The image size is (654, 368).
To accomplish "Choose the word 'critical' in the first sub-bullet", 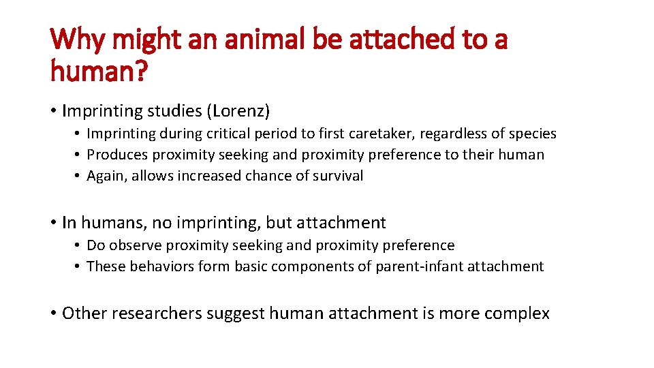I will coord(232,134).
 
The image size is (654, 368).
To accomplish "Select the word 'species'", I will coord(530,134).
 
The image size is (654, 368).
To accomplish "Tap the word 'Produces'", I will coord(116,155).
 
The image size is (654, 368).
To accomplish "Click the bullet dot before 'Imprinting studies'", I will coord(53,110).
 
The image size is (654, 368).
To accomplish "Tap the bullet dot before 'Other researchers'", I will coord(53,313).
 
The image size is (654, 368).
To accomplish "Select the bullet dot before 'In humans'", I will coord(53,223).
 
